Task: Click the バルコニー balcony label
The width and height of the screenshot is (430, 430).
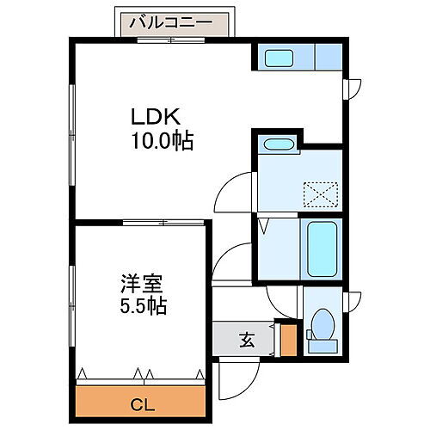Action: coord(171,22)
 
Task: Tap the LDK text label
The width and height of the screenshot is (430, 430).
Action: coord(156,116)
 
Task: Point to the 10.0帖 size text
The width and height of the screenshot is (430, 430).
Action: coord(163,141)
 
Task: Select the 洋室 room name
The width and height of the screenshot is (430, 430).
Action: coord(142,284)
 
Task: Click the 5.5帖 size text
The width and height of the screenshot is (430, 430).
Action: coord(144,306)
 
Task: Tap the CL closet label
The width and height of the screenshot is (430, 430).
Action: coord(143,405)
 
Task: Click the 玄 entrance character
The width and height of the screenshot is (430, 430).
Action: coord(247,340)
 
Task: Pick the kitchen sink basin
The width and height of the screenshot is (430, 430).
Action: coord(279,58)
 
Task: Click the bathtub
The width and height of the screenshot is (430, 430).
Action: coord(322,249)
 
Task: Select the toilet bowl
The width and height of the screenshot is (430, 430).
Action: coord(323,324)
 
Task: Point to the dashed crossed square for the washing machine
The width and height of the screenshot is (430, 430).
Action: coord(321,194)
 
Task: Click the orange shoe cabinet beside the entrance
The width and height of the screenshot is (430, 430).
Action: coord(288,341)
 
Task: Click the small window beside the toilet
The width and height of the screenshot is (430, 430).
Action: coord(352,302)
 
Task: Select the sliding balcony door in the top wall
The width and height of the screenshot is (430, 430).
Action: coord(171,40)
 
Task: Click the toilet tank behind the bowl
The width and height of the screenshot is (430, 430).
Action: coord(322,346)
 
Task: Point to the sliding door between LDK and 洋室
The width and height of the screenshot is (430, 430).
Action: coord(163,223)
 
